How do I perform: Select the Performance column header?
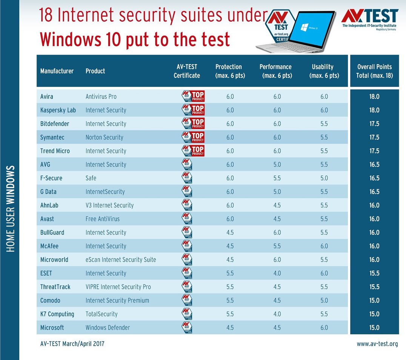pos(275,71)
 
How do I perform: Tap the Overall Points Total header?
pos(374,71)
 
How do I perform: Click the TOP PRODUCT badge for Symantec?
pos(193,137)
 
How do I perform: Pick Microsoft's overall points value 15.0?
pos(374,328)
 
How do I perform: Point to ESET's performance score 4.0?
pos(277,273)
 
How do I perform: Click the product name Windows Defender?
pos(108,328)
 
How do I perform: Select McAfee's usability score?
pos(324,246)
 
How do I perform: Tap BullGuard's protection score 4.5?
pos(230,232)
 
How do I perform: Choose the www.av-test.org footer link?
pos(377,344)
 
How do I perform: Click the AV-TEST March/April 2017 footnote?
pos(72,344)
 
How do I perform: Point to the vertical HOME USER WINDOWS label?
pos(11,209)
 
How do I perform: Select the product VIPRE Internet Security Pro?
pos(118,287)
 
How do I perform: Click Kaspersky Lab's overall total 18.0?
pos(374,110)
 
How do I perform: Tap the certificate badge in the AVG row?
pos(187,164)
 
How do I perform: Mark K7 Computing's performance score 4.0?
pos(277,314)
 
